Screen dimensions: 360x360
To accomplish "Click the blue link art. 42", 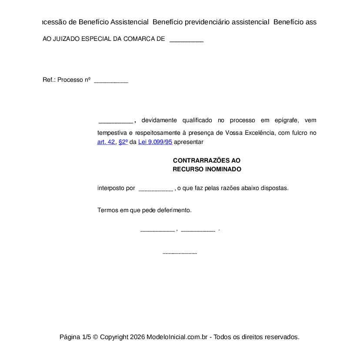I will [106, 142].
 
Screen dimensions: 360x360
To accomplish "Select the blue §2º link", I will [123, 142].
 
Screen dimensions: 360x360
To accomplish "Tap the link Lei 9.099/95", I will [155, 142].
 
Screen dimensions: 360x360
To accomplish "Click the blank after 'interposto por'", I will [155, 189].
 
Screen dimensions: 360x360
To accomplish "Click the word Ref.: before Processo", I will [49, 80].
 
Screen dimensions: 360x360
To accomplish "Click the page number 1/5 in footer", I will [87, 337].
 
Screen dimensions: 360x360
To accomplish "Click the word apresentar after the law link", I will [188, 142].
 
